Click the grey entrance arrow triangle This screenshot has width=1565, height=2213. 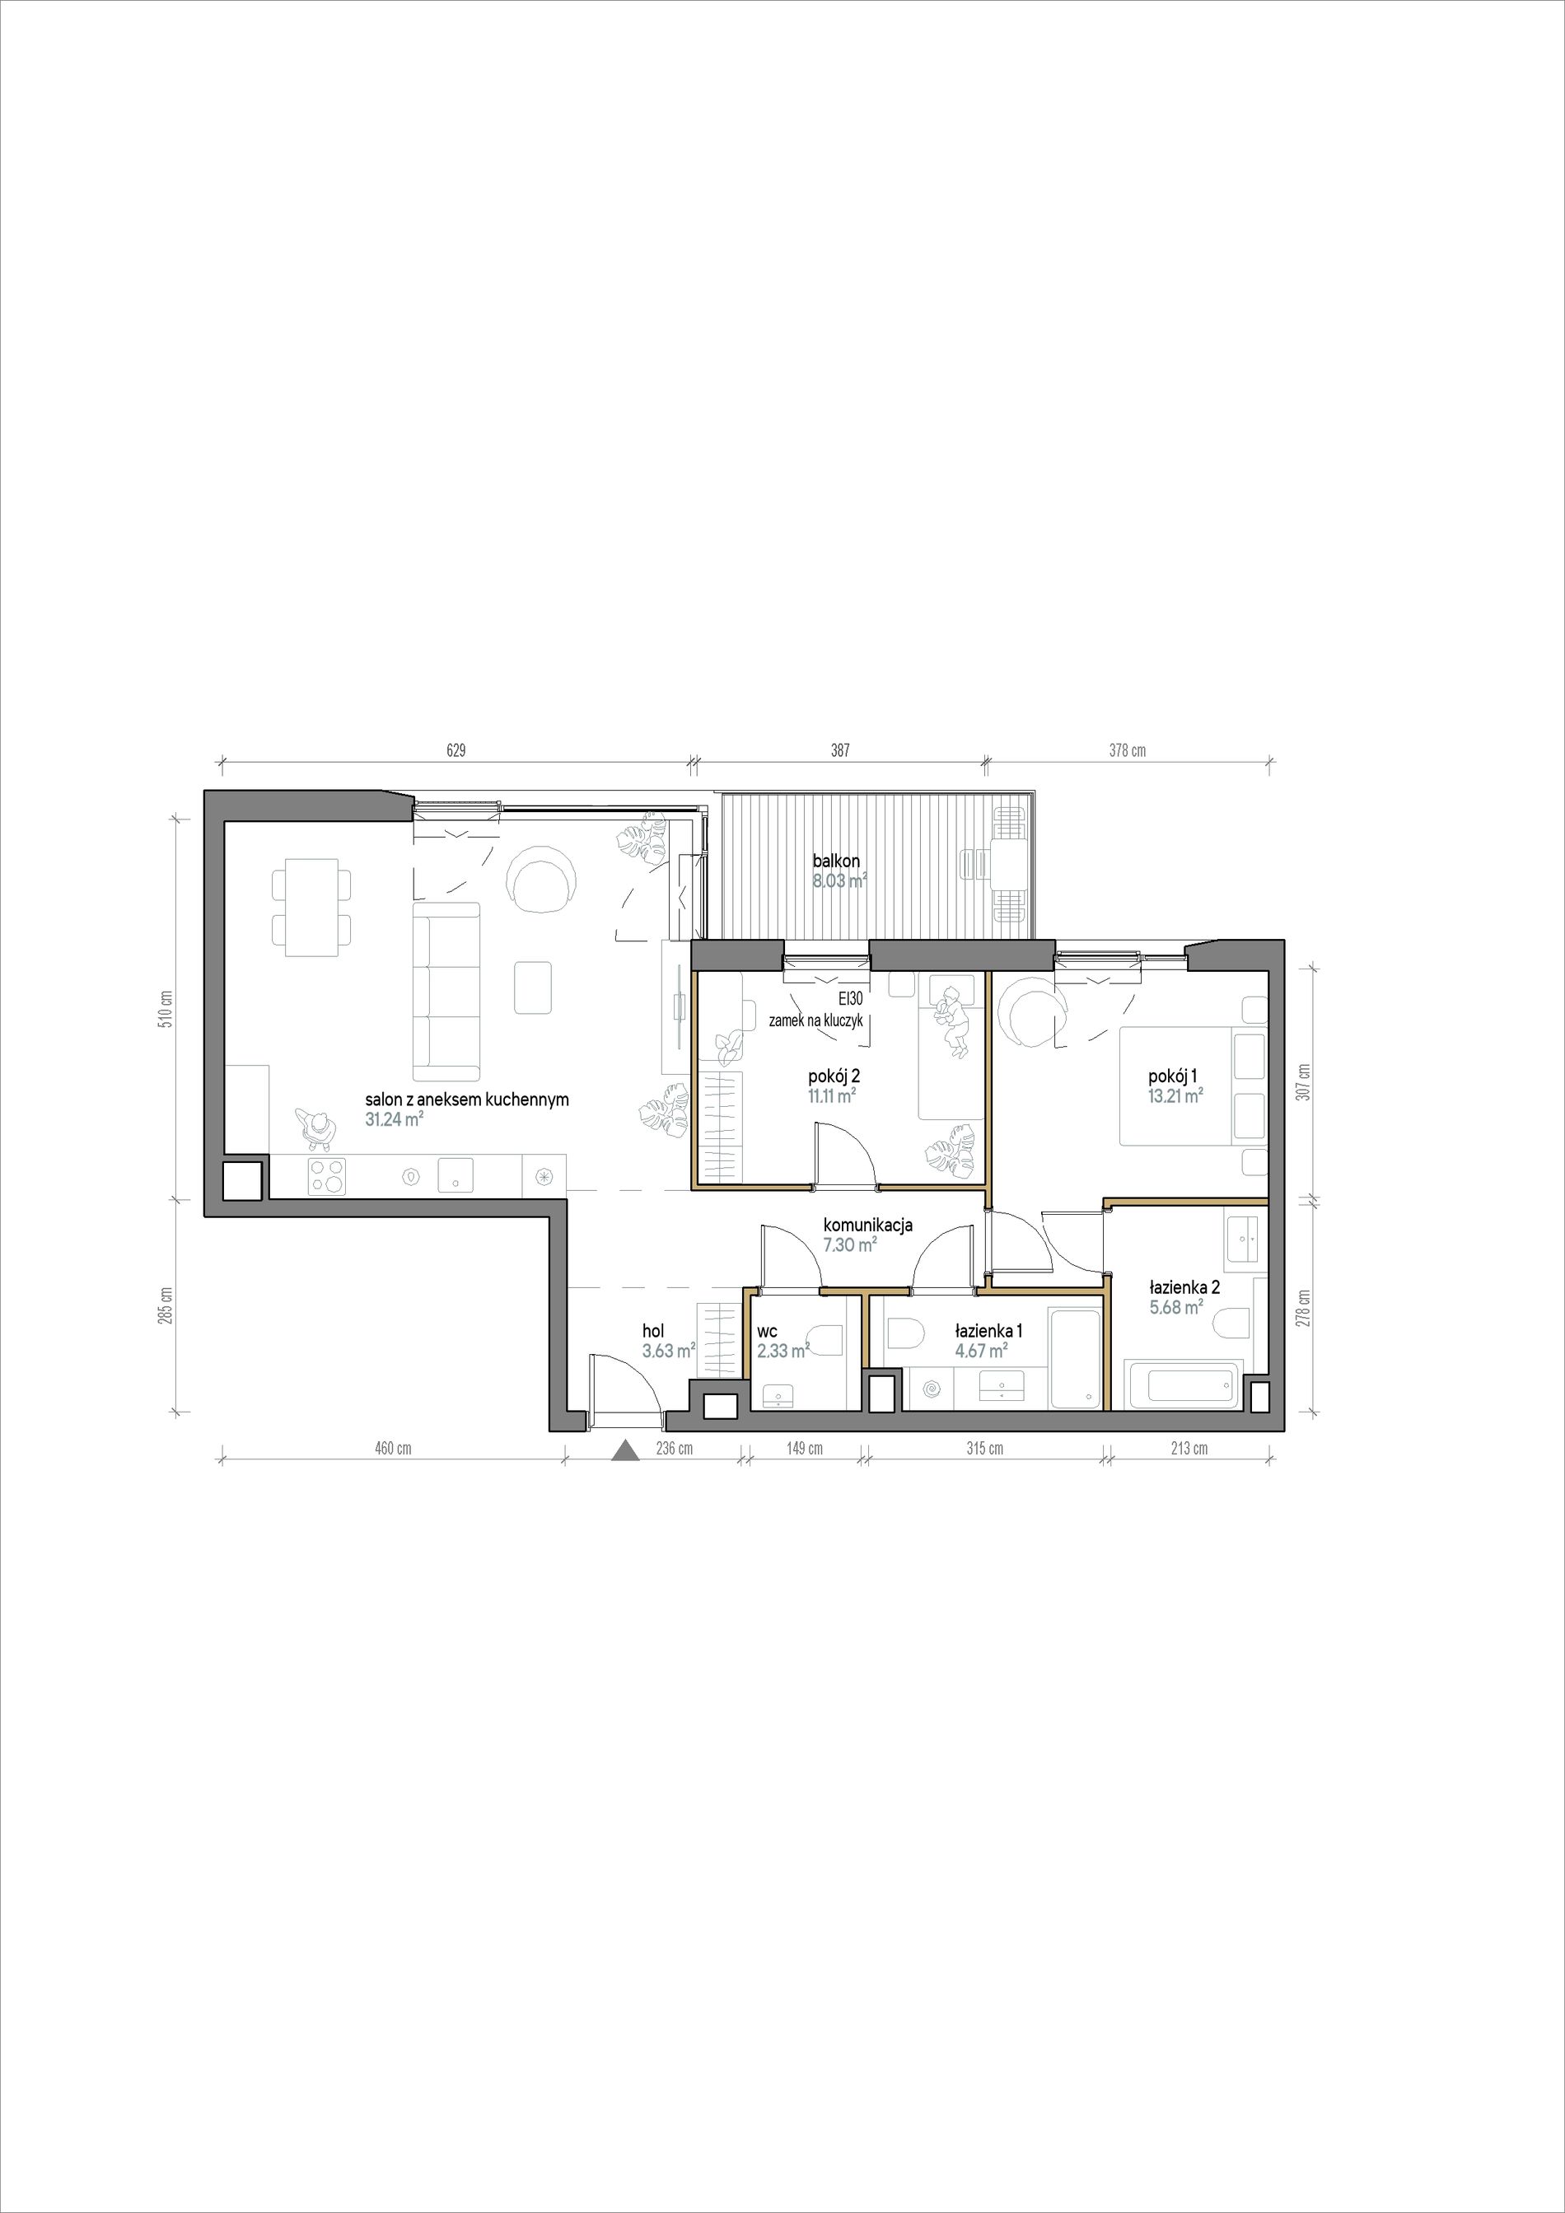pyautogui.click(x=625, y=1450)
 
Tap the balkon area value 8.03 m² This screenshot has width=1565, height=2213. pyautogui.click(x=839, y=880)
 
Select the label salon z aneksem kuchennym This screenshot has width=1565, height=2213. pyautogui.click(x=466, y=1099)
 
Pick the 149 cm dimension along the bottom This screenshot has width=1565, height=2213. pyautogui.click(x=804, y=1448)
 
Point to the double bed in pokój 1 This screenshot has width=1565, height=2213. pyautogui.click(x=1193, y=1085)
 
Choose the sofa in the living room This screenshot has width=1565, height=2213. pyautogui.click(x=446, y=991)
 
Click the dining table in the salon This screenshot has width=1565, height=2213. pyautogui.click(x=312, y=907)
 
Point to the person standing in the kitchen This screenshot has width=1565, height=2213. pyautogui.click(x=316, y=1128)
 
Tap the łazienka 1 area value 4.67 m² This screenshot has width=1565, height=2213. pyautogui.click(x=981, y=1352)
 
